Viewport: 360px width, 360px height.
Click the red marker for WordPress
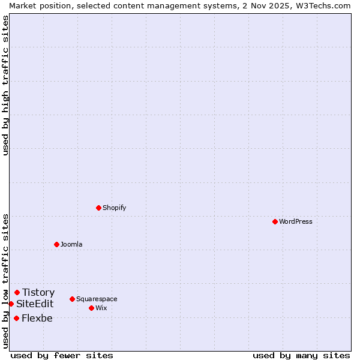(x=275, y=221)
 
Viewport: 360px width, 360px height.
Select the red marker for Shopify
(x=98, y=208)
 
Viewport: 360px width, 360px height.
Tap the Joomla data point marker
(x=56, y=244)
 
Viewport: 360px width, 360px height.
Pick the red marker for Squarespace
(x=72, y=299)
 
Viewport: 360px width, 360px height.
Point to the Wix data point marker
(x=91, y=308)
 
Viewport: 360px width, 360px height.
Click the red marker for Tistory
(x=17, y=292)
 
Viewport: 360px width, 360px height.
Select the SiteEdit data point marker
(x=11, y=304)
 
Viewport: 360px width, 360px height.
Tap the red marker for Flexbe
(x=16, y=318)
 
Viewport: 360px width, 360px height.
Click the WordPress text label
(x=296, y=221)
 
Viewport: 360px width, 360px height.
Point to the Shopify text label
(x=115, y=208)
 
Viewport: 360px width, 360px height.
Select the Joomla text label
(x=71, y=244)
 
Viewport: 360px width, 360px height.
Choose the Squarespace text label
(x=97, y=299)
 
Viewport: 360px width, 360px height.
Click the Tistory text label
(x=38, y=292)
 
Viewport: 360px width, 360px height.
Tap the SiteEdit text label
(x=35, y=304)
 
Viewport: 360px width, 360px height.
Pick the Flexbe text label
(x=37, y=318)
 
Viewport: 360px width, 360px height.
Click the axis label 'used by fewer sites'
(x=62, y=355)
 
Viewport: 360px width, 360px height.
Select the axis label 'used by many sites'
(x=301, y=355)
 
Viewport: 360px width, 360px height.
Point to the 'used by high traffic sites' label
(x=5, y=86)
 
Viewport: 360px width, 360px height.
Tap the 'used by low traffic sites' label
(x=5, y=281)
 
